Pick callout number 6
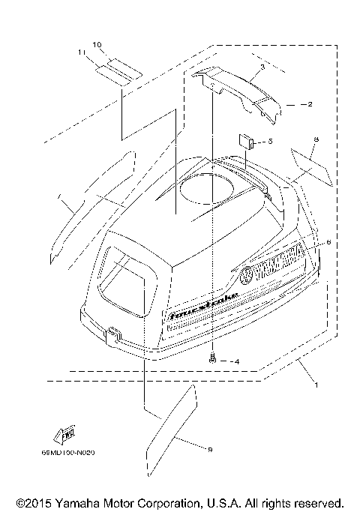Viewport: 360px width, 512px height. click(x=328, y=243)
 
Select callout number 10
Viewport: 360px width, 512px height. click(x=97, y=46)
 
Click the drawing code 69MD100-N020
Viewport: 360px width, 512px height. click(x=73, y=452)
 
